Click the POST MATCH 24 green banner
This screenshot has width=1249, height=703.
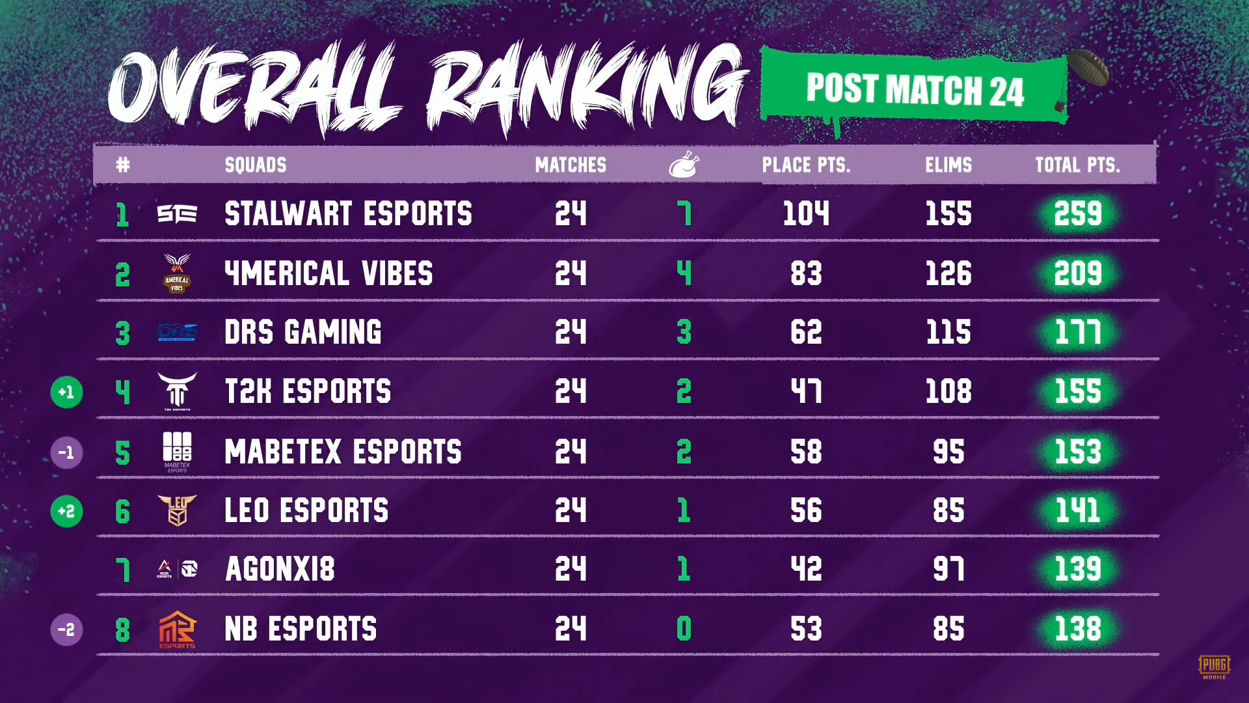click(914, 89)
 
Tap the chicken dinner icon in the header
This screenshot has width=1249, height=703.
click(684, 165)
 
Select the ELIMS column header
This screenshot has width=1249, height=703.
click(948, 165)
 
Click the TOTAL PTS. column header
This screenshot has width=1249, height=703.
click(1077, 165)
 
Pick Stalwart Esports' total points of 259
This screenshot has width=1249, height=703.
click(1078, 214)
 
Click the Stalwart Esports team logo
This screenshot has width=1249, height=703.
click(177, 214)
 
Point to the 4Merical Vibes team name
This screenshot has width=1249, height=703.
click(329, 273)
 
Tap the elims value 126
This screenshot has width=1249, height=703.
click(948, 273)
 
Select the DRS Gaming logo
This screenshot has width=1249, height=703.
click(177, 333)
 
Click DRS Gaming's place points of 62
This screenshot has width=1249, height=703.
click(806, 333)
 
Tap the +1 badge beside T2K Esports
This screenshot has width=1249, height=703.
click(66, 393)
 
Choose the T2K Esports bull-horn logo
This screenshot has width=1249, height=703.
click(177, 391)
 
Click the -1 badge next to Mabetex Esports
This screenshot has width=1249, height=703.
click(66, 452)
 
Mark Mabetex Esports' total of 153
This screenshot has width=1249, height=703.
click(1078, 452)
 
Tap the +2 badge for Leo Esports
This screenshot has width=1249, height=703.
click(66, 512)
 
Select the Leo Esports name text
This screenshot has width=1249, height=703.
click(306, 511)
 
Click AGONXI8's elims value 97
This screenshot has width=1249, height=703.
click(948, 570)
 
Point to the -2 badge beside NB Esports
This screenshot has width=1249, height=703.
click(66, 630)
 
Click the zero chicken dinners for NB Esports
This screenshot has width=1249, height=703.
click(684, 629)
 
